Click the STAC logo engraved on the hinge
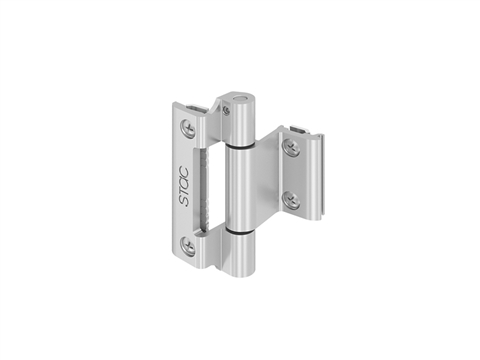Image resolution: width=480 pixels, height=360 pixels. (x=184, y=186)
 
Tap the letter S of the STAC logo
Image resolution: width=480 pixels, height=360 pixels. (x=184, y=201)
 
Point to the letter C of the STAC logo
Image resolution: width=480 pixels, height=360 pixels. (x=184, y=172)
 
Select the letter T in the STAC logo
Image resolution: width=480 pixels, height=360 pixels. (x=184, y=192)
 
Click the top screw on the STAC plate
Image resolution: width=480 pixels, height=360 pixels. (x=188, y=128)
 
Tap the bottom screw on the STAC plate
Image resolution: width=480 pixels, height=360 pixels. (x=188, y=246)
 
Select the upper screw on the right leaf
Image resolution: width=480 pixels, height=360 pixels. (x=291, y=146)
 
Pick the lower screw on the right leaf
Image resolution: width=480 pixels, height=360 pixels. (x=291, y=200)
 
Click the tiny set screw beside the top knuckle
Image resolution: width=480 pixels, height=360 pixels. (x=227, y=110)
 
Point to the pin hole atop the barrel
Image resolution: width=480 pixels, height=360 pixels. (x=240, y=98)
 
